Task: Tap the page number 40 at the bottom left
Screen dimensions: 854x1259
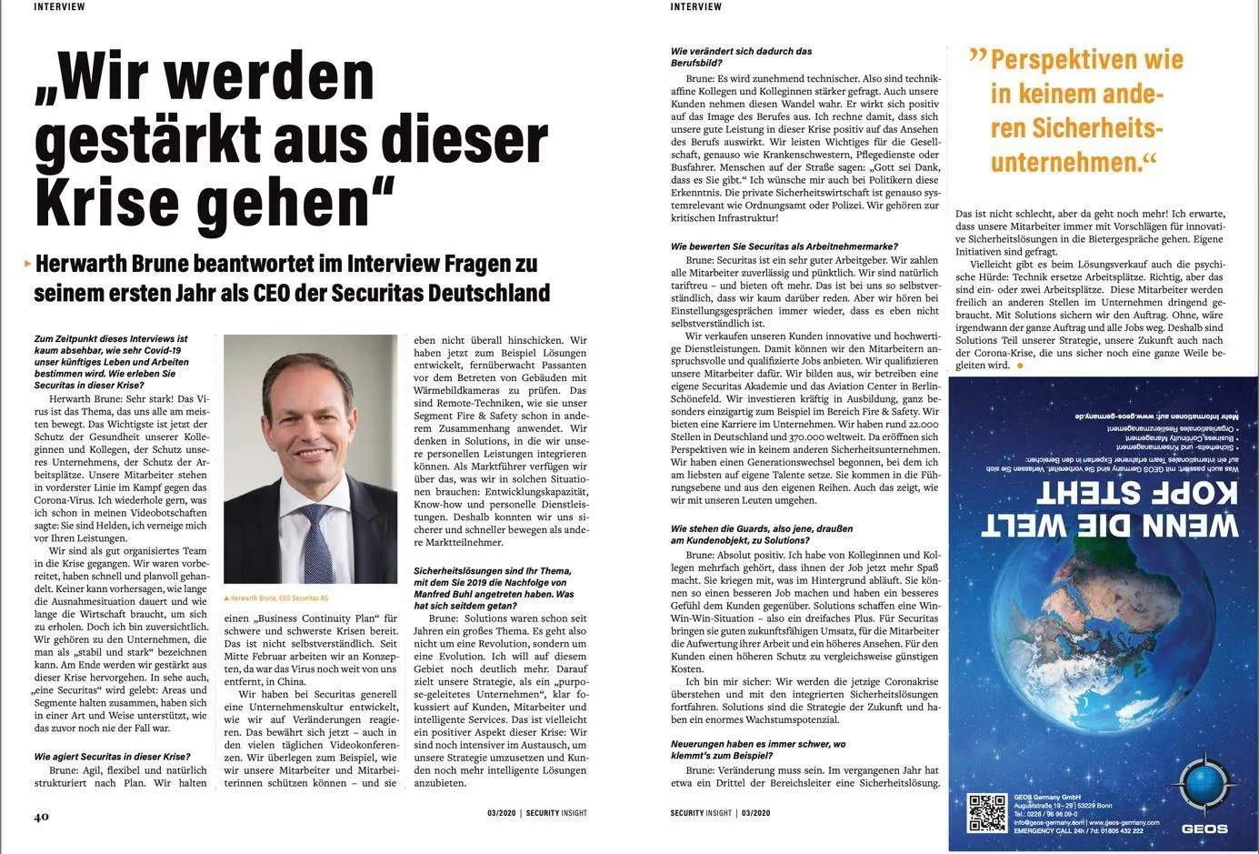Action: point(42,816)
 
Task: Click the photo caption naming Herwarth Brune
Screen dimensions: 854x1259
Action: point(276,598)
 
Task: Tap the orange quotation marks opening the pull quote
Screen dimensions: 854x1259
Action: point(977,56)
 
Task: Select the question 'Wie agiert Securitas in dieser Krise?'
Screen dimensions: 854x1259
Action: point(112,756)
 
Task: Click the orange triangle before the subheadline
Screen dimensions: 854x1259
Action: point(27,264)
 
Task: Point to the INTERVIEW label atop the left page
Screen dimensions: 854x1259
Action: point(59,6)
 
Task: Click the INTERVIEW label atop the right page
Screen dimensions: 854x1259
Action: point(696,6)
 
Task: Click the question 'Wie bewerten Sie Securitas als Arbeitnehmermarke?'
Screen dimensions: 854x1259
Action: point(784,246)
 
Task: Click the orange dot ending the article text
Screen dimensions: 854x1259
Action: point(1020,365)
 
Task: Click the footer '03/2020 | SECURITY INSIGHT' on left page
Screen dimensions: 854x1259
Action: point(536,813)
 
